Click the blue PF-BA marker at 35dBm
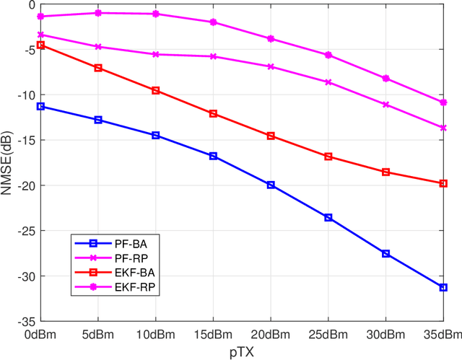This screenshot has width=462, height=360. (443, 287)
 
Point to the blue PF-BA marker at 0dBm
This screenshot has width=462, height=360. (40, 106)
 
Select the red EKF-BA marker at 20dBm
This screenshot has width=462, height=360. (271, 136)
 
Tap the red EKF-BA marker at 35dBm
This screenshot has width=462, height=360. (443, 183)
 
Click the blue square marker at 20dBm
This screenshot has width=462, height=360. (271, 185)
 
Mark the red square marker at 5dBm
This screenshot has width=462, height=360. (98, 68)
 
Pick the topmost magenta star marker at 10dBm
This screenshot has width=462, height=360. (156, 14)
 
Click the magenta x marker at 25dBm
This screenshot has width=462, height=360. (328, 82)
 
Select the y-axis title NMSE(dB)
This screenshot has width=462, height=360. (7, 163)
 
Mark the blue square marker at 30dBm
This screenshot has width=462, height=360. (385, 253)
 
